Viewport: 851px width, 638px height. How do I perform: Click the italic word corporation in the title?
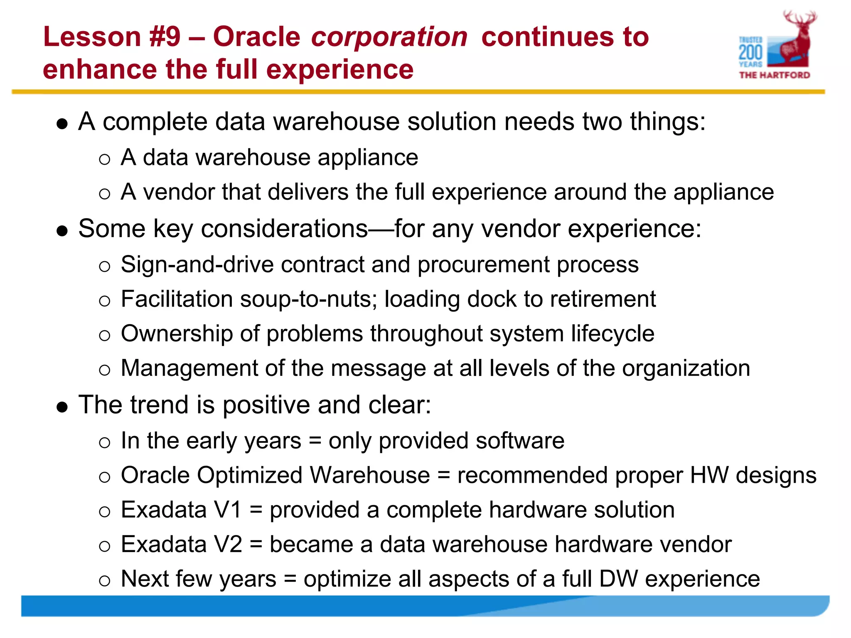(389, 37)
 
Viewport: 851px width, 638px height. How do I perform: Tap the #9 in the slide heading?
(165, 37)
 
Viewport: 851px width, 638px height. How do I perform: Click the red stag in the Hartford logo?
(795, 39)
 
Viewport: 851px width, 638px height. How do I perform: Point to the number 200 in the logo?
(750, 53)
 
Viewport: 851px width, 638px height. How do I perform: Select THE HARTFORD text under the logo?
(775, 75)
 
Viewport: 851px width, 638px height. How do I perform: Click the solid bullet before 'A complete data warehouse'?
(62, 124)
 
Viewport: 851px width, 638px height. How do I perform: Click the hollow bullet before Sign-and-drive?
(105, 266)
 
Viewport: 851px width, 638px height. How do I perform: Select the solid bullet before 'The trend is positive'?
(62, 407)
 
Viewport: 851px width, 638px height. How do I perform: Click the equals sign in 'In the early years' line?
(315, 441)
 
